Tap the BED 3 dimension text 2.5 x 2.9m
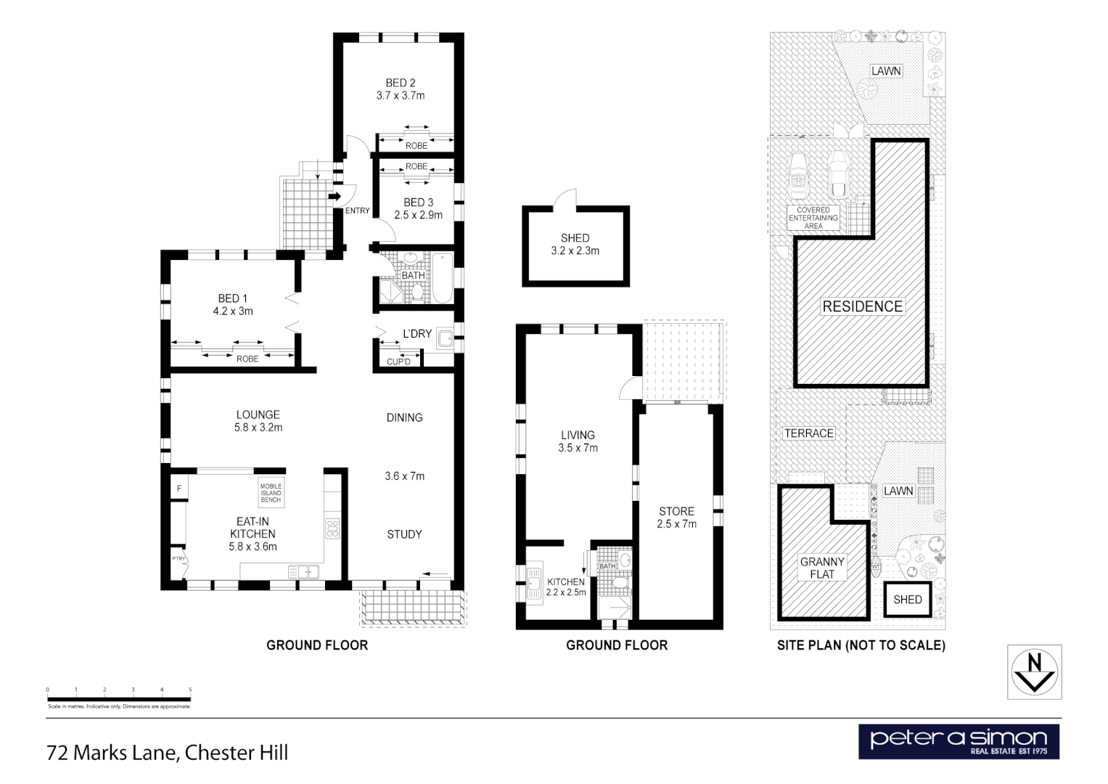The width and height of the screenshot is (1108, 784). coord(418,215)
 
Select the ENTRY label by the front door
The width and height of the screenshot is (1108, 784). coord(357,211)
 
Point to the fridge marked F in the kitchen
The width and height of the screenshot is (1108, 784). coord(178,489)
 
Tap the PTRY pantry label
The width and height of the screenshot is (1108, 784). coord(178,559)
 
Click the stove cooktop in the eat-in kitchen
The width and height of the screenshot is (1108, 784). coord(332,528)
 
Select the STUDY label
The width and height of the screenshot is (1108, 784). coord(404,534)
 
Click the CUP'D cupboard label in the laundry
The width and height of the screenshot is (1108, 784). coord(398,362)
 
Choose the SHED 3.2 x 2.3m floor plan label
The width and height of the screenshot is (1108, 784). coord(575,245)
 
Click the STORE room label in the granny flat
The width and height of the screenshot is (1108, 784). coord(676,511)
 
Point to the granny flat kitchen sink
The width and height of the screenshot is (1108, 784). coord(535,581)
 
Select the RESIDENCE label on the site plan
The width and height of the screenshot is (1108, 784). coord(862,306)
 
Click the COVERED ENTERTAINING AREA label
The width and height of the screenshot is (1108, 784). coord(813,218)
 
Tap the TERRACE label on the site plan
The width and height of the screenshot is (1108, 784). coord(809,433)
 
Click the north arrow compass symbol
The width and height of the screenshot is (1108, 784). coord(1035,672)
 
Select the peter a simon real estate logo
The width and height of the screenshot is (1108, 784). coord(959,741)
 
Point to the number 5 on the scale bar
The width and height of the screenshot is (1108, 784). coord(190,690)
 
